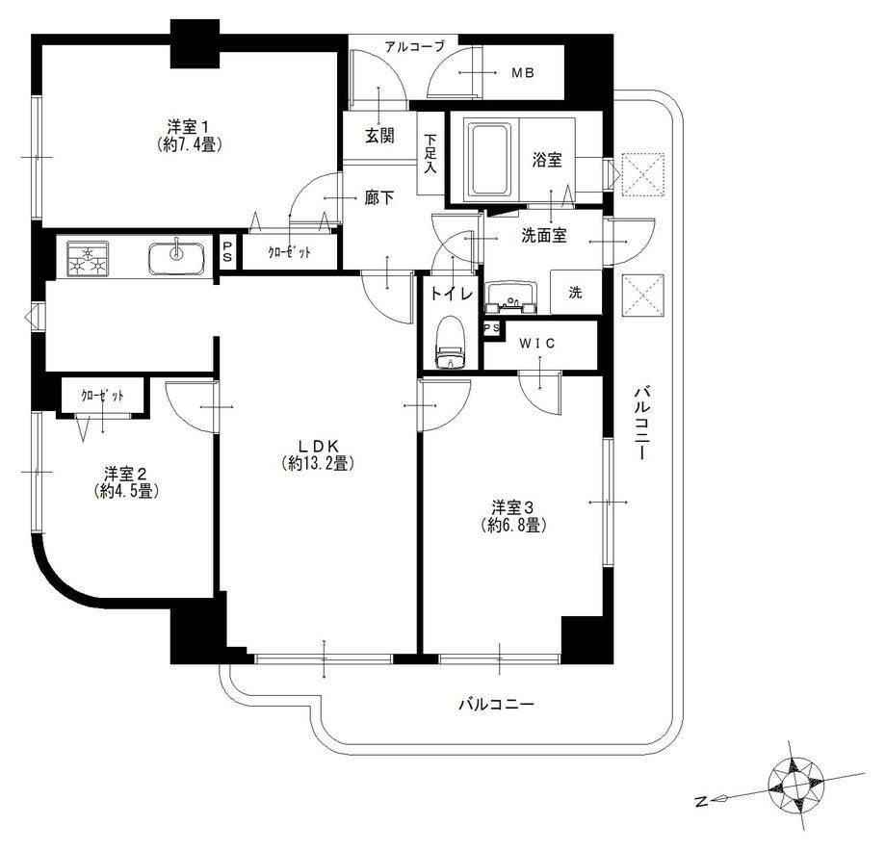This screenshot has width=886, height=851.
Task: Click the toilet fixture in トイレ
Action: [450, 343]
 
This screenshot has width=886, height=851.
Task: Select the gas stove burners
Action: [88, 259]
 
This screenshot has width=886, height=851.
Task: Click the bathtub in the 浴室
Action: [489, 159]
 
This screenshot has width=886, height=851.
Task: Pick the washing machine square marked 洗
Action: [575, 292]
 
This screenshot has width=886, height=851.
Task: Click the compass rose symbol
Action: [795, 785]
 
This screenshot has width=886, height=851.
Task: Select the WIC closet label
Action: [537, 344]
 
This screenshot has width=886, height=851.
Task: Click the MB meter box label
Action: [523, 73]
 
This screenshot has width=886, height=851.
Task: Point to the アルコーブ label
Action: [415, 46]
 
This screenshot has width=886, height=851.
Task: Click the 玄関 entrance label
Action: [379, 136]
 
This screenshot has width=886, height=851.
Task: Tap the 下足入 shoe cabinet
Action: [430, 154]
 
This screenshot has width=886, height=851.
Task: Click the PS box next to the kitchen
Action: [227, 252]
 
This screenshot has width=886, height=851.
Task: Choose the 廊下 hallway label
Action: [379, 197]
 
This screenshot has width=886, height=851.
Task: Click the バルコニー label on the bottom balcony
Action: [496, 705]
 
